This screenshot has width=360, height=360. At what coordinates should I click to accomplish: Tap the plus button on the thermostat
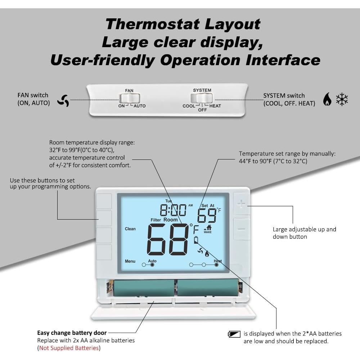point(241,204)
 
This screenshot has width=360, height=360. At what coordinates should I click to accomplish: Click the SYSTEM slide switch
point(202,98)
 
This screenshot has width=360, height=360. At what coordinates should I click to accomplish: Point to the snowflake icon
point(342,99)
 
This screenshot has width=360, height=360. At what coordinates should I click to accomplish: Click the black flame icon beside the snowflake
point(327,99)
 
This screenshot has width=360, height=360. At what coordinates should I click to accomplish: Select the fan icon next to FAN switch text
point(63,100)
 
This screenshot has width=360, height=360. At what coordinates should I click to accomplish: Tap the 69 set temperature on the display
point(206,216)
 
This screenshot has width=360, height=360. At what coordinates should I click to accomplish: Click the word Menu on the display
point(130,261)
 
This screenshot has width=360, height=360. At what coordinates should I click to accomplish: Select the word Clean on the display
point(130,229)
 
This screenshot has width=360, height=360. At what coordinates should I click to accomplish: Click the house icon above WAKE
point(208,227)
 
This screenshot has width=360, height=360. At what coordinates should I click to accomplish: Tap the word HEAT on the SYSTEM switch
point(215,106)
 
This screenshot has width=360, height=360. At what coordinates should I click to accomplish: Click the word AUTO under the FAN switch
point(140,106)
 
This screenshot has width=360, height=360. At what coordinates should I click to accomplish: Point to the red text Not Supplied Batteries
point(69,348)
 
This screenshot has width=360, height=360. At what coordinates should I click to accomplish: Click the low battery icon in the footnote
point(234,334)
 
